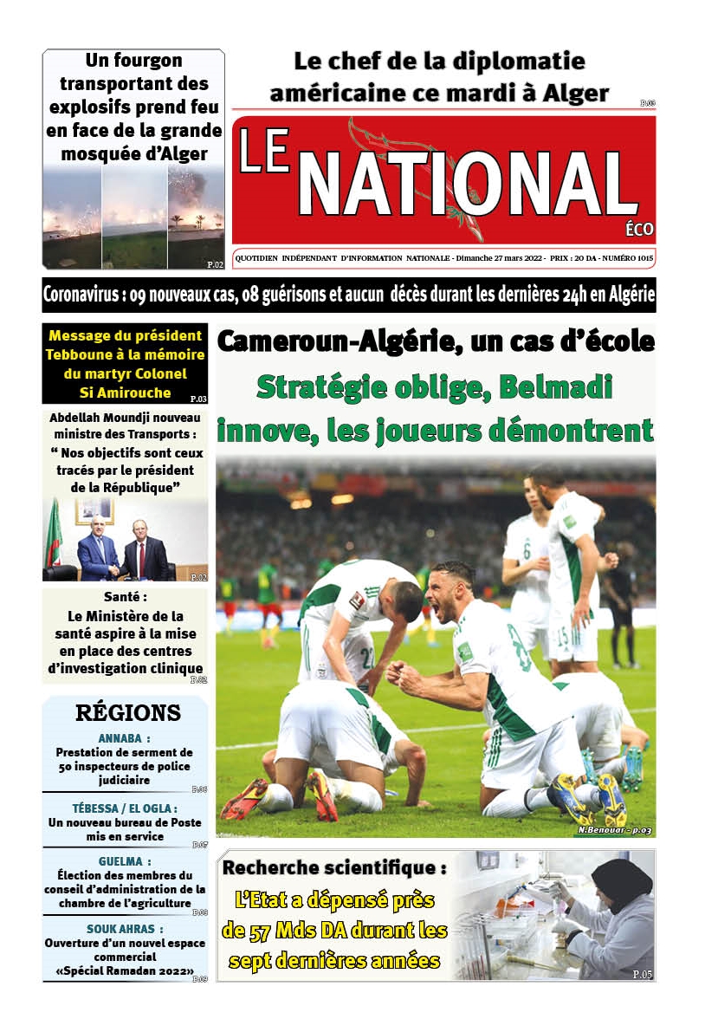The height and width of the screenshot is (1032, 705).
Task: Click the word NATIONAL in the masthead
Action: tap(469, 184)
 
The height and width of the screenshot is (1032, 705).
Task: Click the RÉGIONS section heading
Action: tap(128, 713)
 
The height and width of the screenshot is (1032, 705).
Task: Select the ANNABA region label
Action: tap(124, 738)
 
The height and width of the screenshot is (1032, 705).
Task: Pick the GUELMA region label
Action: tap(124, 861)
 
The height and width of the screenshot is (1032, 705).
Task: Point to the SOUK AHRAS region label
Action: tap(125, 928)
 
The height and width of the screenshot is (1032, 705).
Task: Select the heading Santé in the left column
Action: tap(125, 598)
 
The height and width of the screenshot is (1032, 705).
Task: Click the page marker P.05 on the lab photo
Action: tap(642, 974)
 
